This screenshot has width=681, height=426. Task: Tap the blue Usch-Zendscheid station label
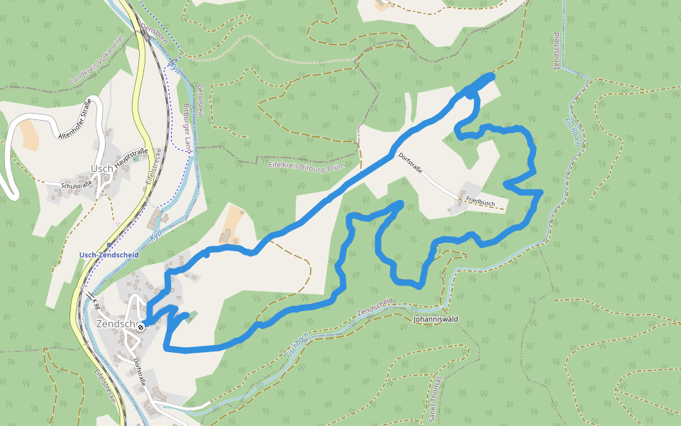click(x=109, y=254)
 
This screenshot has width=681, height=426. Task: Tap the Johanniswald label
click(x=436, y=319)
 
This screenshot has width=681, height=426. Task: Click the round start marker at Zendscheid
click(x=141, y=327)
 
